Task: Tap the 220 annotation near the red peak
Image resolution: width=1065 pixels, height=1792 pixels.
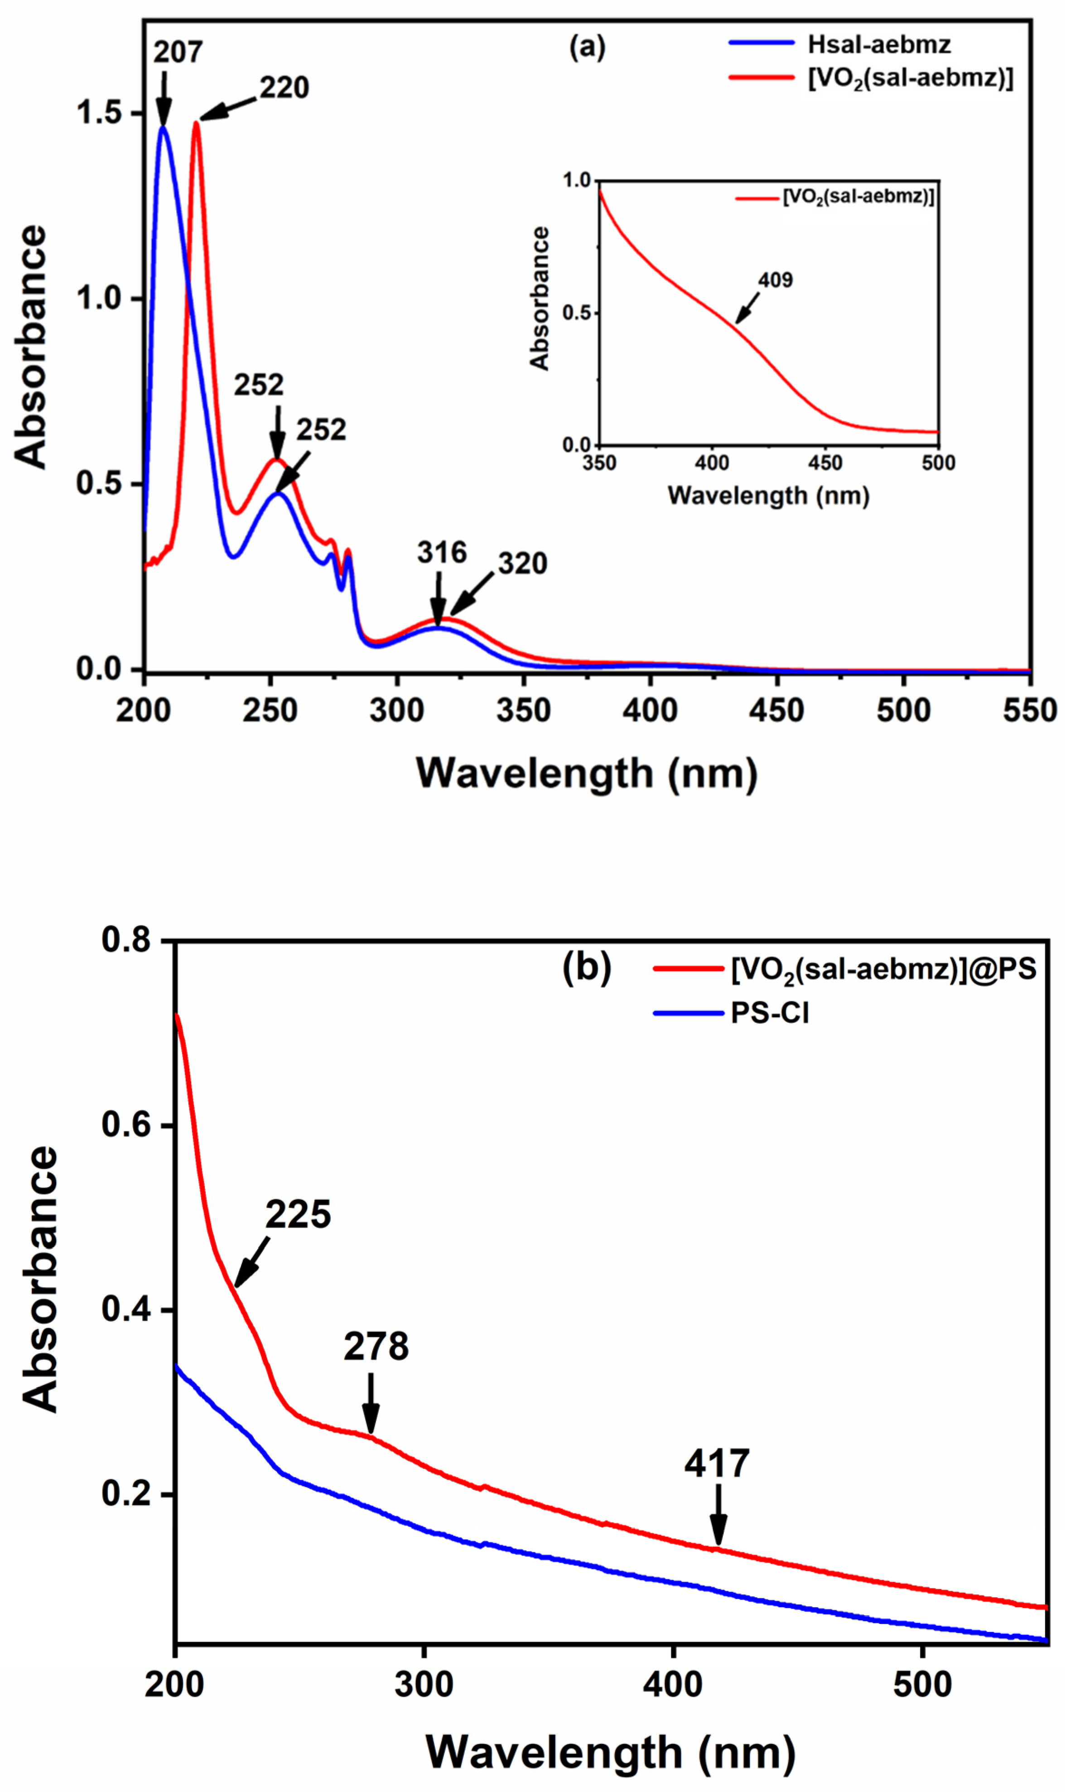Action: tap(284, 87)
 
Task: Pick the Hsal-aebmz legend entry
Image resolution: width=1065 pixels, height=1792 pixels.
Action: tap(878, 44)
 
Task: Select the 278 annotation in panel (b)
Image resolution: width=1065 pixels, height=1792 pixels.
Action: tap(376, 1347)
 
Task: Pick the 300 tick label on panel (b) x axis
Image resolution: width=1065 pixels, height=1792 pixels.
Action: tap(424, 1684)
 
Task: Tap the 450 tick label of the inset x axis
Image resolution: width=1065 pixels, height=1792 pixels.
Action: tap(824, 464)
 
